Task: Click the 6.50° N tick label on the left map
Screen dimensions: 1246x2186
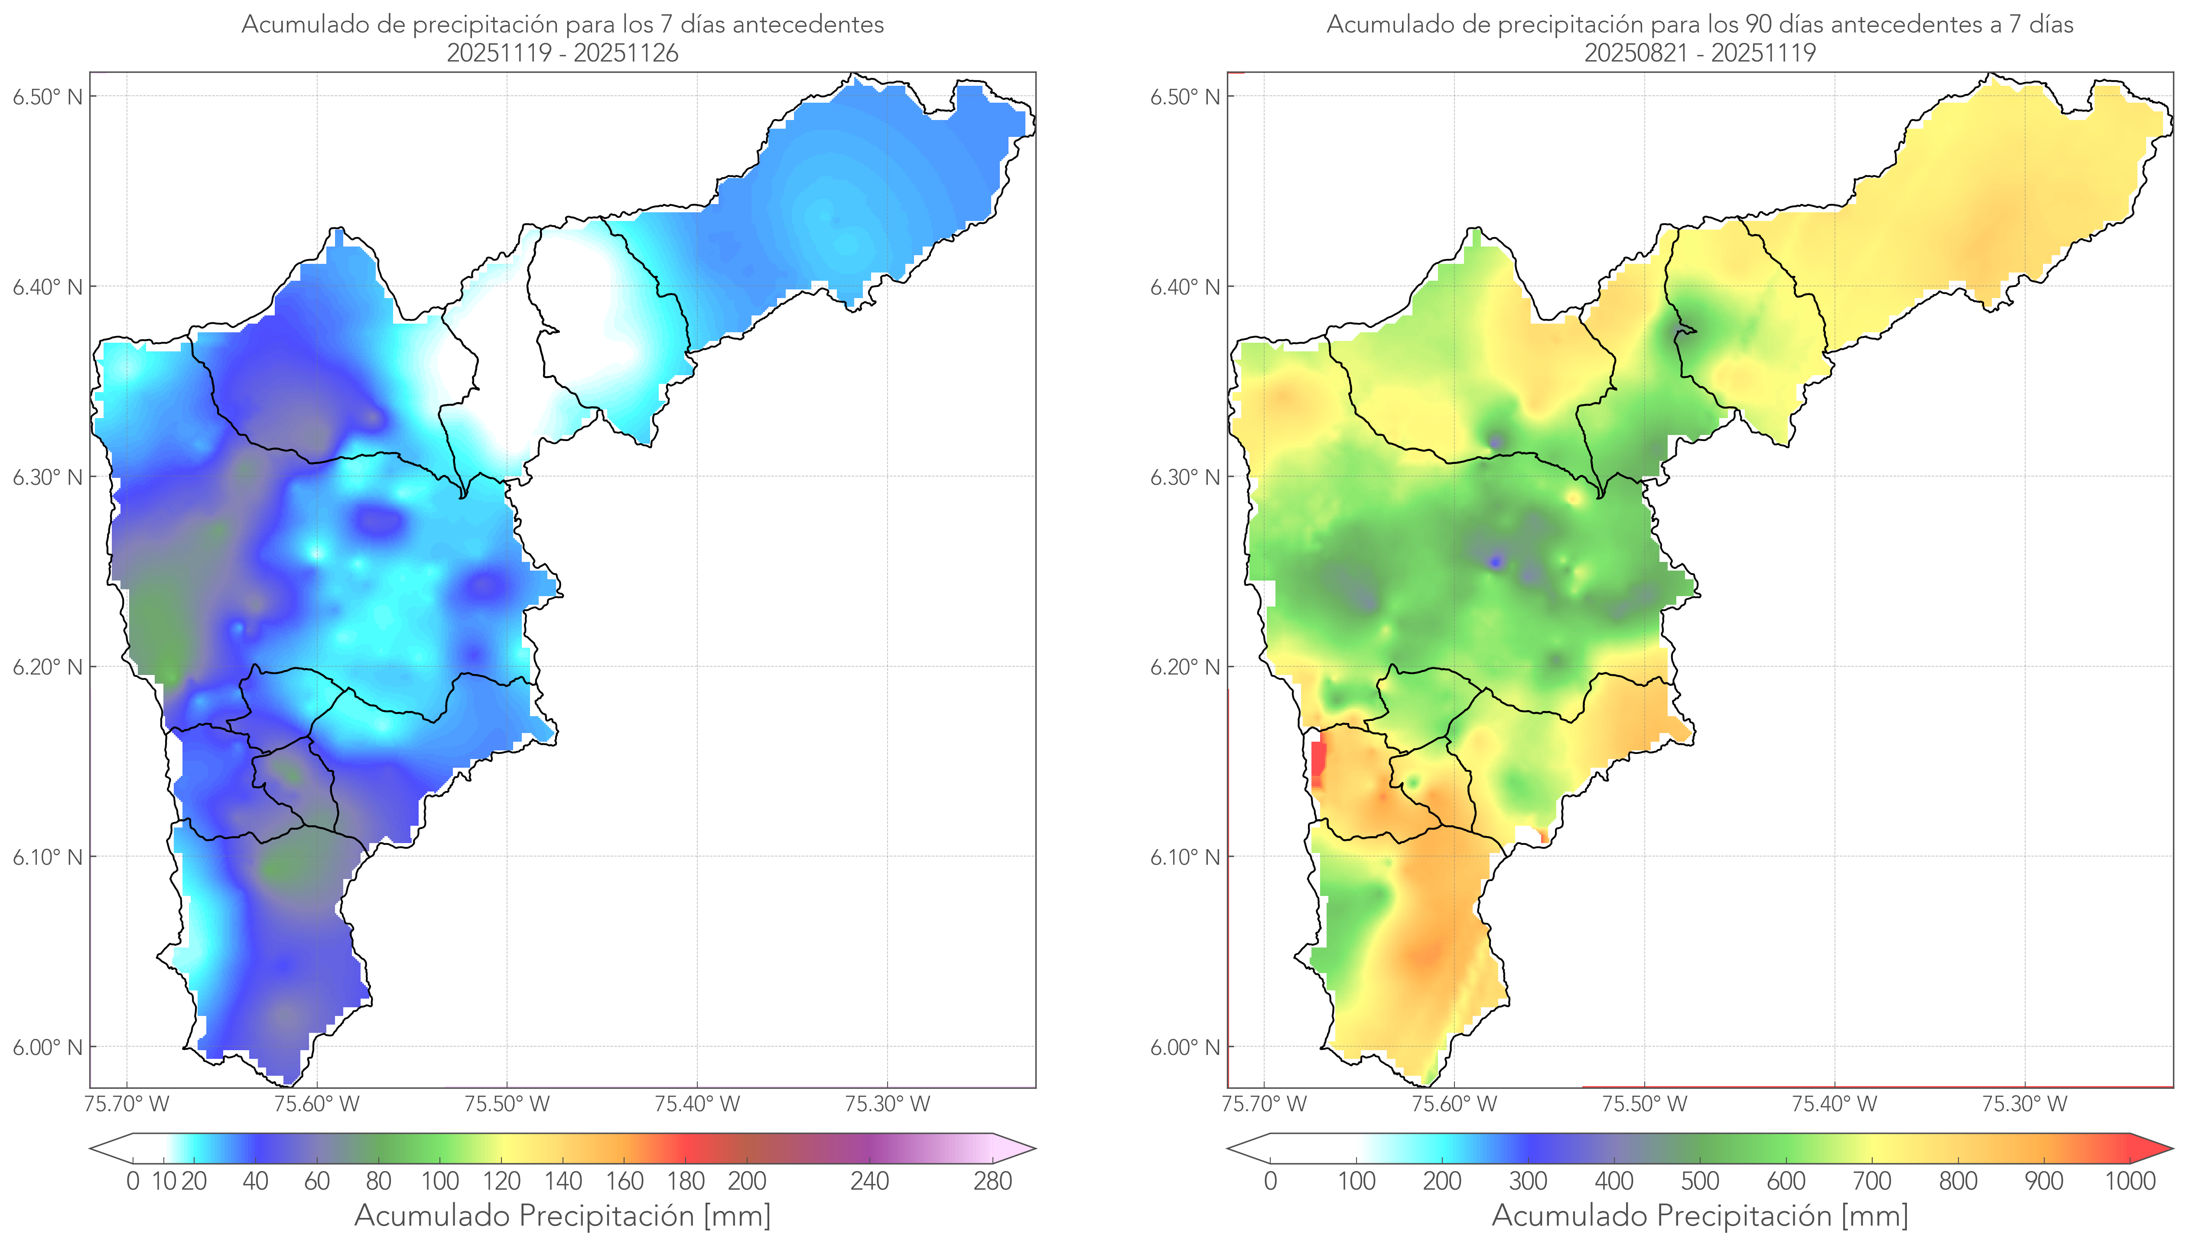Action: [47, 97]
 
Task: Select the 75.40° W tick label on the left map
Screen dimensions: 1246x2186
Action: [697, 1104]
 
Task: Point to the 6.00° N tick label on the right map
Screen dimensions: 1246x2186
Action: [1184, 1048]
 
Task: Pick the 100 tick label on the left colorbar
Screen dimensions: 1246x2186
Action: [440, 1182]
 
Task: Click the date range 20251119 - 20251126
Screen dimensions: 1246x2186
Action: [563, 53]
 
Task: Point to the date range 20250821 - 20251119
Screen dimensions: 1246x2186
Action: [1700, 53]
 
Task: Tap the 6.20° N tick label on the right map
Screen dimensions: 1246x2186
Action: [1184, 668]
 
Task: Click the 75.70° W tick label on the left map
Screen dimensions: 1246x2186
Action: [127, 1104]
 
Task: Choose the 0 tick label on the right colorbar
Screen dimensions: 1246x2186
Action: [1270, 1182]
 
